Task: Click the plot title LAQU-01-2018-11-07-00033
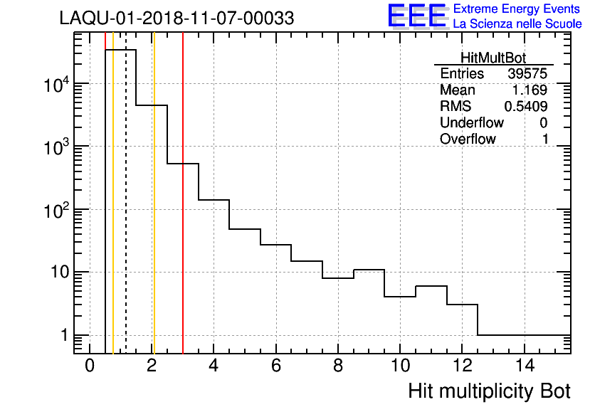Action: [x=177, y=18]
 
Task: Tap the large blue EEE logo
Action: [x=416, y=16]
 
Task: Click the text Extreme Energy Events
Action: [x=517, y=9]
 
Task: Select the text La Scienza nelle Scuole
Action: [x=517, y=24]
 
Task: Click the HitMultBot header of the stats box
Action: [x=494, y=59]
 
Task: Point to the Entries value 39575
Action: [x=527, y=74]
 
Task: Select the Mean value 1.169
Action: [x=530, y=90]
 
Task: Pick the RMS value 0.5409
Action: [x=526, y=107]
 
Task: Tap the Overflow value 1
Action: [x=545, y=139]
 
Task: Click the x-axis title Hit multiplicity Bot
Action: [x=490, y=391]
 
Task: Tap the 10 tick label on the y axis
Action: [x=55, y=273]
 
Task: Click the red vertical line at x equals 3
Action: [x=183, y=213]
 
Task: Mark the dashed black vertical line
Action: [x=126, y=213]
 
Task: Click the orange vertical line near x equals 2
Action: [x=154, y=213]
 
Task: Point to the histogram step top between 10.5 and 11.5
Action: [x=431, y=286]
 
